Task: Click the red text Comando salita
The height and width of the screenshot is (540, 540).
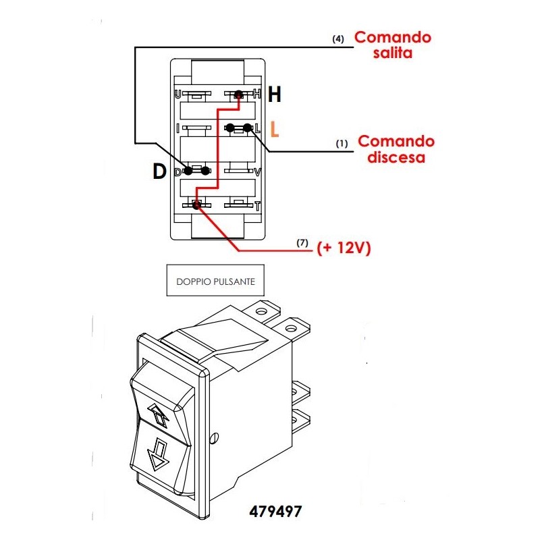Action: [x=393, y=45]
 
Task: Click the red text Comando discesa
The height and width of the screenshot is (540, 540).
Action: [x=396, y=149]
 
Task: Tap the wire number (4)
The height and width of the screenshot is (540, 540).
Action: [x=338, y=39]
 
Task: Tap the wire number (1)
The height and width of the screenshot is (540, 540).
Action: [x=342, y=144]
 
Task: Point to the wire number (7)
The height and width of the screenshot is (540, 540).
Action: [x=303, y=242]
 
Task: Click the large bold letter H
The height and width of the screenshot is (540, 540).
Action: [x=275, y=95]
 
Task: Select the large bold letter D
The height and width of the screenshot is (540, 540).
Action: [x=159, y=172]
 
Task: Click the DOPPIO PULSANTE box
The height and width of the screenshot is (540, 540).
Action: [x=215, y=281]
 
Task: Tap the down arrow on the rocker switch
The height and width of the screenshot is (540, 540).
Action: [x=159, y=454]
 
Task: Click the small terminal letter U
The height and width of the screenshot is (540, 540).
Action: [x=178, y=94]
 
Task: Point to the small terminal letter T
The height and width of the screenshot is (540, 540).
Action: [x=257, y=205]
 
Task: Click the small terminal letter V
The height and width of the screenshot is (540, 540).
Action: [x=257, y=172]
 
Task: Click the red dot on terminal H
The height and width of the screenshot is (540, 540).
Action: [x=238, y=95]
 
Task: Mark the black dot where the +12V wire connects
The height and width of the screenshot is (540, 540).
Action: [x=196, y=204]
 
